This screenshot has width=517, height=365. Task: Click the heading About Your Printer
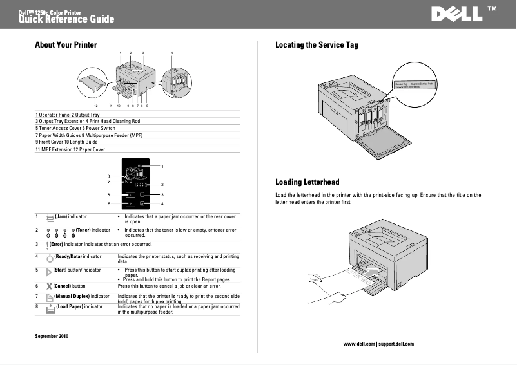[x=66, y=45]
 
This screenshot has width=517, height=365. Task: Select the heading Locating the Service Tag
[x=317, y=45]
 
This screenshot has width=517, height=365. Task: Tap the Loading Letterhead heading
[x=307, y=182]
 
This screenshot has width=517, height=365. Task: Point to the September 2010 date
[x=51, y=337]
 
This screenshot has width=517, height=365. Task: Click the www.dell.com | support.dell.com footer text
[x=378, y=344]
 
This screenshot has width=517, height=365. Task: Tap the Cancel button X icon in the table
[x=50, y=286]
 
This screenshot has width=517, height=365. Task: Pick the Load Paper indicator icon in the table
[x=50, y=309]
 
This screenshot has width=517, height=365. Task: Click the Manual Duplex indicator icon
[x=50, y=297]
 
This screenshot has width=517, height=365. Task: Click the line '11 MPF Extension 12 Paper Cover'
[x=70, y=149]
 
